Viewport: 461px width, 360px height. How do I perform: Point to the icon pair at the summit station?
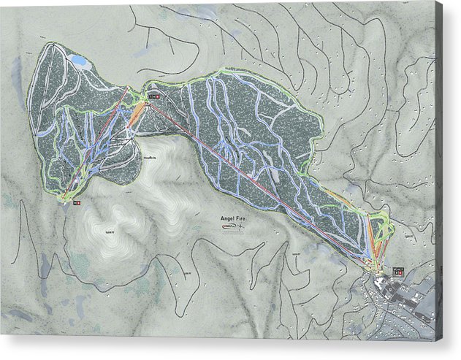point(153,96)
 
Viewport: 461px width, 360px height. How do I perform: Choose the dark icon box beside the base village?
point(398,271)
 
